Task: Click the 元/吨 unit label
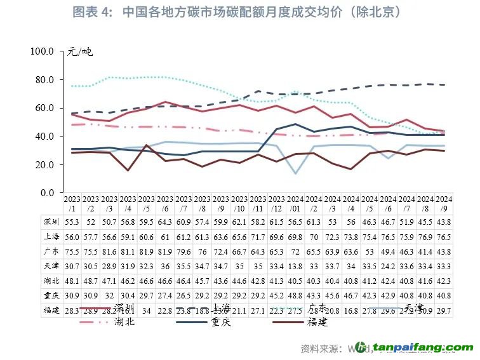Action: tap(81, 51)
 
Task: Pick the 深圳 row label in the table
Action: tap(51, 221)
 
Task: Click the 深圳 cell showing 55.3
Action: tap(72, 221)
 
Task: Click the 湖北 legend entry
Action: tap(124, 322)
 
